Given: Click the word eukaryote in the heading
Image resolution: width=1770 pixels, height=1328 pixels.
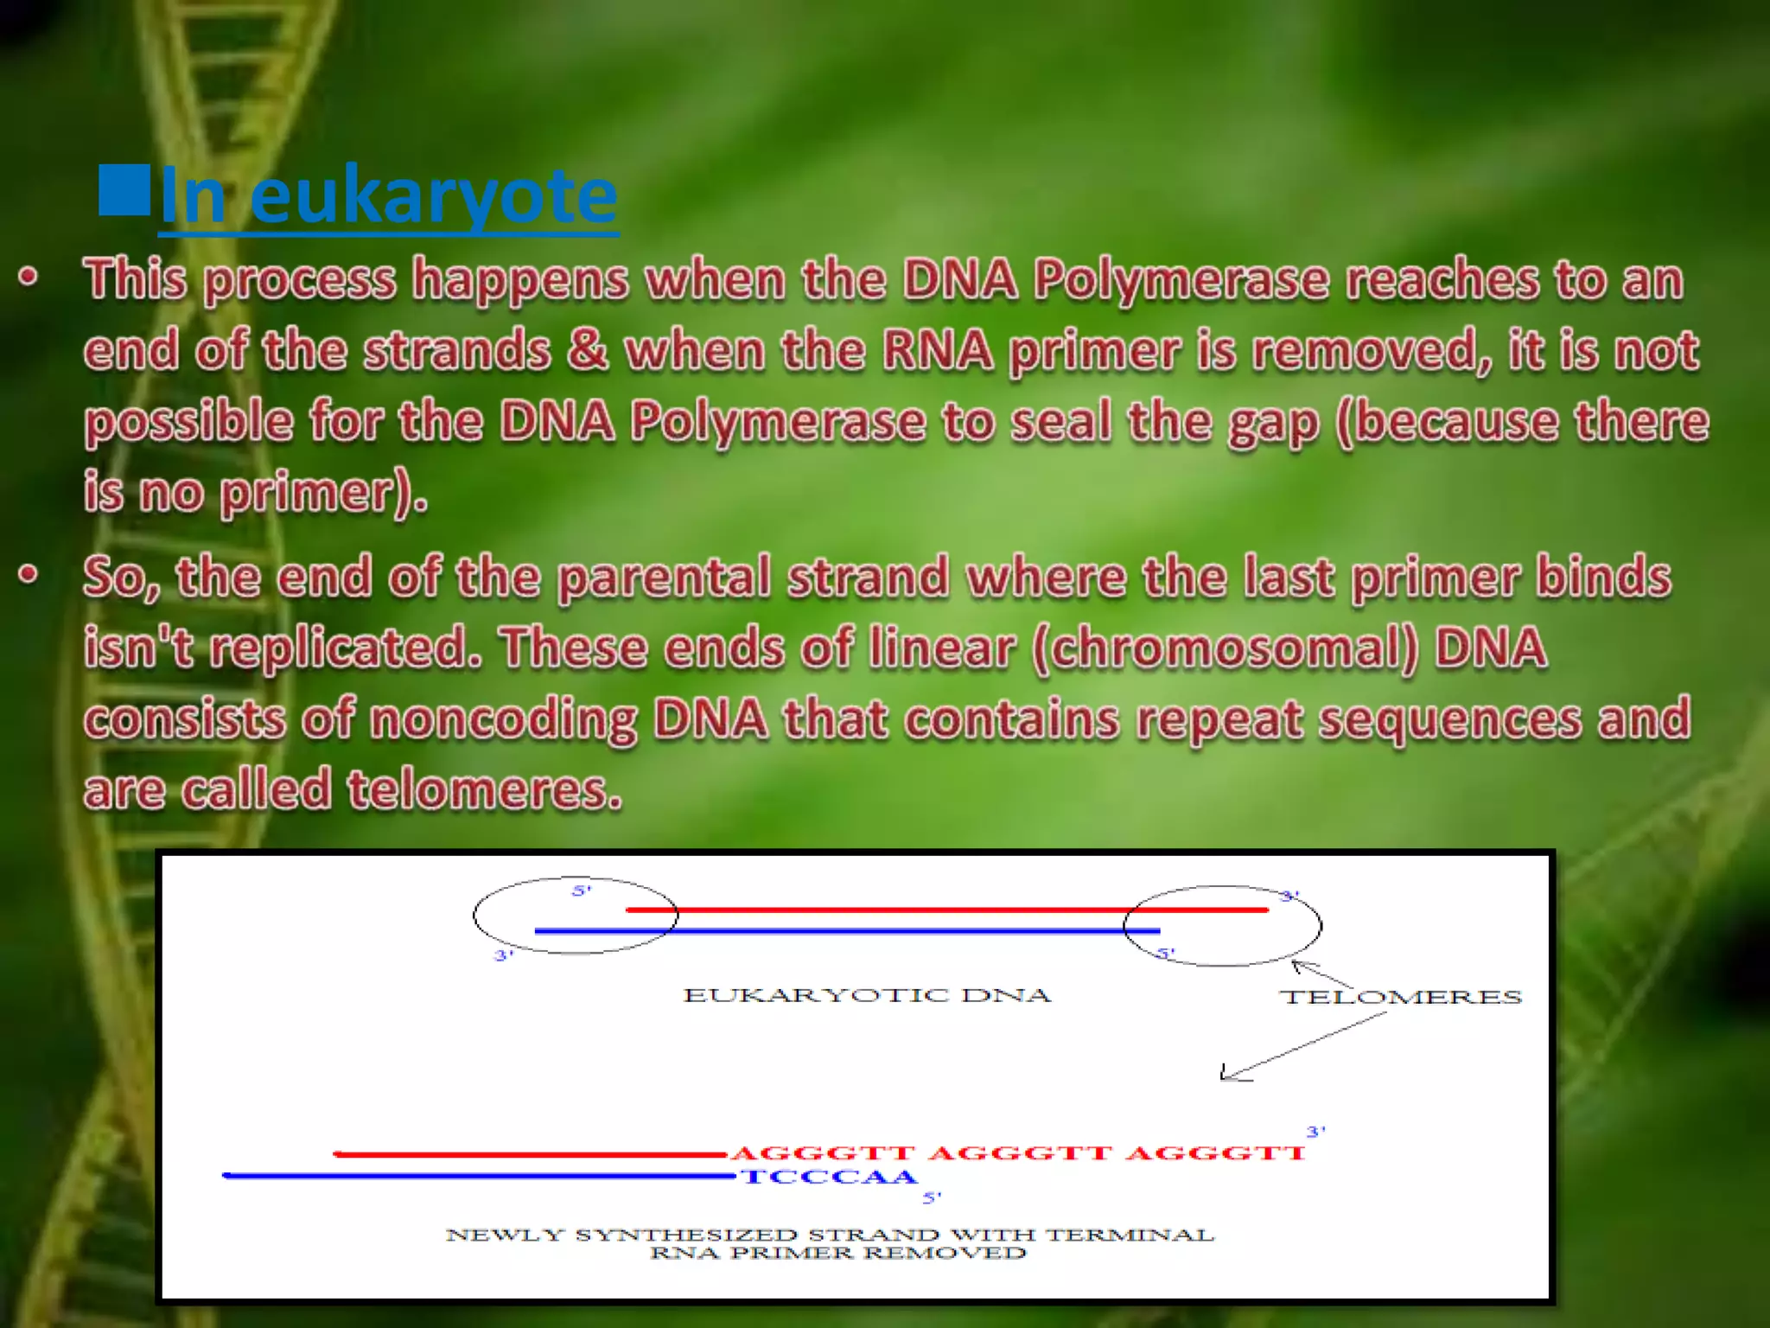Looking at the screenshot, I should tap(433, 195).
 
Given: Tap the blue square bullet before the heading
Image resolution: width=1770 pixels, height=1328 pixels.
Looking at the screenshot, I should tap(124, 188).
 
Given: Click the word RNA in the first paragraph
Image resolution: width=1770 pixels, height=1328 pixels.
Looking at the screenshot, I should tap(937, 350).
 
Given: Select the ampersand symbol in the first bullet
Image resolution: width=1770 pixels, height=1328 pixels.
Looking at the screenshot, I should tap(588, 350).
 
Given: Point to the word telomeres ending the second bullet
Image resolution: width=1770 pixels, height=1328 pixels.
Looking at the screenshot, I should tap(484, 789).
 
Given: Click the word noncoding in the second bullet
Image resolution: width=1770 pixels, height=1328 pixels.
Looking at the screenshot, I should tap(503, 718).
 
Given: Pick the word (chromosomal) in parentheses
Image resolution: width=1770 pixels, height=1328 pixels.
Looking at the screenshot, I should tap(1225, 648).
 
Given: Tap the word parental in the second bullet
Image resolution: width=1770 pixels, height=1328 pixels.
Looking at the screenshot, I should tap(664, 577).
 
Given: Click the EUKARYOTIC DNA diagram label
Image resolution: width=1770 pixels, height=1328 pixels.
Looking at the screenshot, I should tap(867, 995).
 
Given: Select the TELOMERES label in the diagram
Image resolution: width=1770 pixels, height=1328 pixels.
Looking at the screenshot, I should tap(1400, 997).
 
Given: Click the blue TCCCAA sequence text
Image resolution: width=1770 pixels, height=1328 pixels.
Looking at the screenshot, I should tap(829, 1177).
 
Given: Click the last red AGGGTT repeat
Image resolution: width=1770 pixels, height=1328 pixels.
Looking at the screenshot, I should tap(1216, 1153).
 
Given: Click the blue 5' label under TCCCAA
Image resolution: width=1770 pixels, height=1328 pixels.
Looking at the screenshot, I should tap(932, 1197).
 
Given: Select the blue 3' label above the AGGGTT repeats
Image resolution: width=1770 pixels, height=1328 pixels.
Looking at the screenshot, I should tap(1315, 1132).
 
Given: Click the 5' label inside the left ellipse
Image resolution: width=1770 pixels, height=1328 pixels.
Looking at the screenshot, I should tap(582, 891).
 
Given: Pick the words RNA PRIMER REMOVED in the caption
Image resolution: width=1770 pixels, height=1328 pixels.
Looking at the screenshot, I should tap(837, 1253).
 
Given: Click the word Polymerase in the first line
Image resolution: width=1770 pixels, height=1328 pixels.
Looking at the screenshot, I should tap(1181, 279).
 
